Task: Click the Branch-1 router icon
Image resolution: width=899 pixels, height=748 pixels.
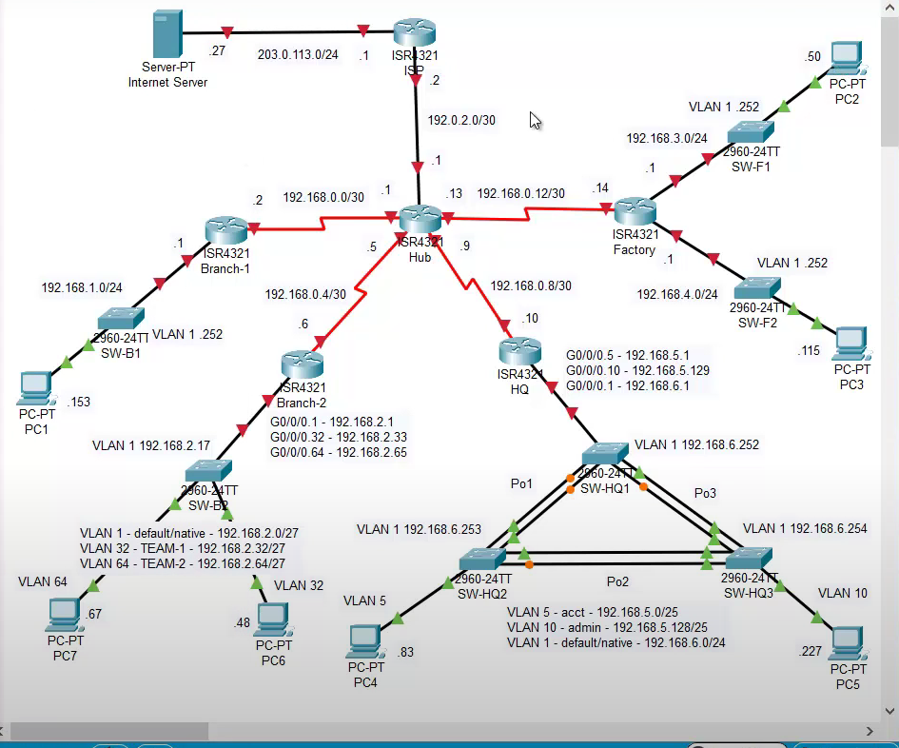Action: (x=225, y=228)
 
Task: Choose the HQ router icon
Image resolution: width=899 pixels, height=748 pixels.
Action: (x=518, y=349)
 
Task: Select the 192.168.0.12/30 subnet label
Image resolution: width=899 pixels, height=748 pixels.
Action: (x=520, y=193)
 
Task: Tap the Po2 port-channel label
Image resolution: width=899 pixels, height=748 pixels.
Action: (x=619, y=580)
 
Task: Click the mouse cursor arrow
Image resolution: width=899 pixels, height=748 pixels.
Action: (x=536, y=121)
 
